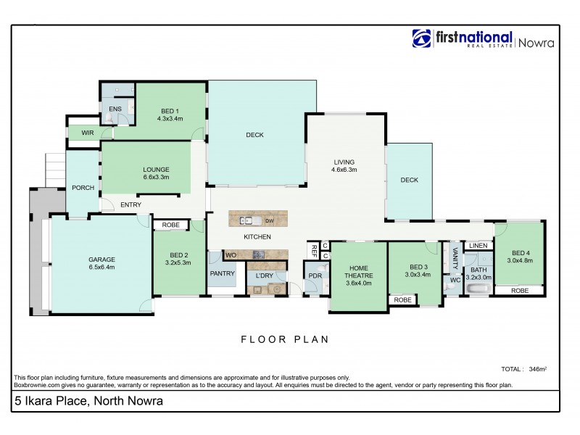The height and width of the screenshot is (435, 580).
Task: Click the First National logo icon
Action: pyautogui.click(x=422, y=38)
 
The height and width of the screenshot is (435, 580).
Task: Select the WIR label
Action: pyautogui.click(x=88, y=133)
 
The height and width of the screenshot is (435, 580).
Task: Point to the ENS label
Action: pyautogui.click(x=115, y=109)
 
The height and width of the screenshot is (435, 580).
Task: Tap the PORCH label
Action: pyautogui.click(x=83, y=188)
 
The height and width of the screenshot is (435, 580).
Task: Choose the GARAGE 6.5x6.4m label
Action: pyautogui.click(x=102, y=262)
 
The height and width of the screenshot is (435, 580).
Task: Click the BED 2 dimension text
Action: pyautogui.click(x=178, y=263)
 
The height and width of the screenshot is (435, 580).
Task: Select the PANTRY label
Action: pyautogui.click(x=221, y=273)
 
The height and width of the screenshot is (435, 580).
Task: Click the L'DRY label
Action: pyautogui.click(x=263, y=275)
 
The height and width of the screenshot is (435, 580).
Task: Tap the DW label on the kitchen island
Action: pyautogui.click(x=268, y=220)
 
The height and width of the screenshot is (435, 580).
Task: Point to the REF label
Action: pyautogui.click(x=314, y=251)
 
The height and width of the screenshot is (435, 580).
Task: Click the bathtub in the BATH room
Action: pyautogui.click(x=478, y=291)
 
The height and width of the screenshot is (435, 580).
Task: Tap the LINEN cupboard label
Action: pyautogui.click(x=478, y=246)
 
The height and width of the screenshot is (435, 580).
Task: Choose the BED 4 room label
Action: pyautogui.click(x=520, y=252)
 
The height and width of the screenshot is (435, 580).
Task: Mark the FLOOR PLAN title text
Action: pyautogui.click(x=285, y=339)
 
